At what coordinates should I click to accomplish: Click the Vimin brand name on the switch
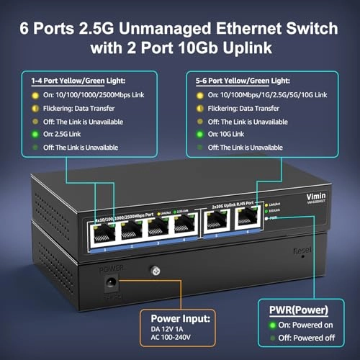click(281, 199)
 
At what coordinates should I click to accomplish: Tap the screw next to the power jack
click(153, 272)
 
